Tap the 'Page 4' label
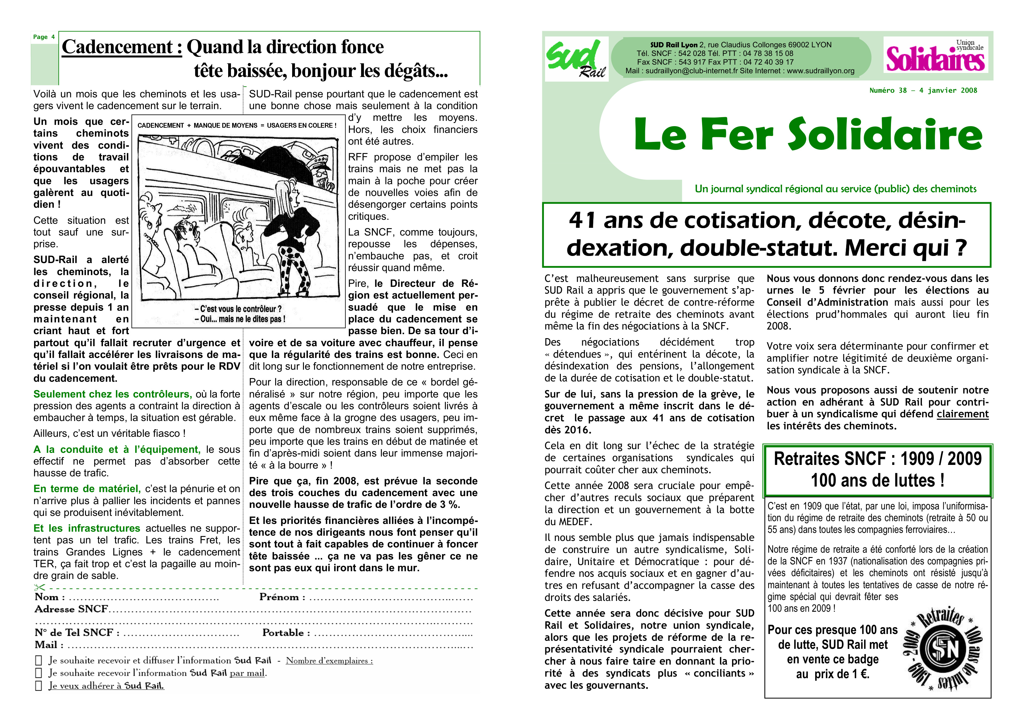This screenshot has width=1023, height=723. pyautogui.click(x=44, y=37)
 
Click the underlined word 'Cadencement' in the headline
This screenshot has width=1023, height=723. pyautogui.click(x=121, y=47)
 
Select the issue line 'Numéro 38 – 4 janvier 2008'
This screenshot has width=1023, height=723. pyautogui.click(x=923, y=91)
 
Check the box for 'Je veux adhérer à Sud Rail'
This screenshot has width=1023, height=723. pyautogui.click(x=39, y=686)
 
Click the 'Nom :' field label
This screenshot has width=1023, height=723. pyautogui.click(x=50, y=597)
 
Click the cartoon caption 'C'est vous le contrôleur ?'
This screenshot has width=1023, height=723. pyautogui.click(x=238, y=309)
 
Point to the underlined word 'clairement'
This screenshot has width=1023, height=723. pyautogui.click(x=962, y=414)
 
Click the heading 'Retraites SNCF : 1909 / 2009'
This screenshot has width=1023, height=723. pyautogui.click(x=877, y=459)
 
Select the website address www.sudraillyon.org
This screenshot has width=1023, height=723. pyautogui.click(x=820, y=71)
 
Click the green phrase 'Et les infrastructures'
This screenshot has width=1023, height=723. pyautogui.click(x=87, y=528)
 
